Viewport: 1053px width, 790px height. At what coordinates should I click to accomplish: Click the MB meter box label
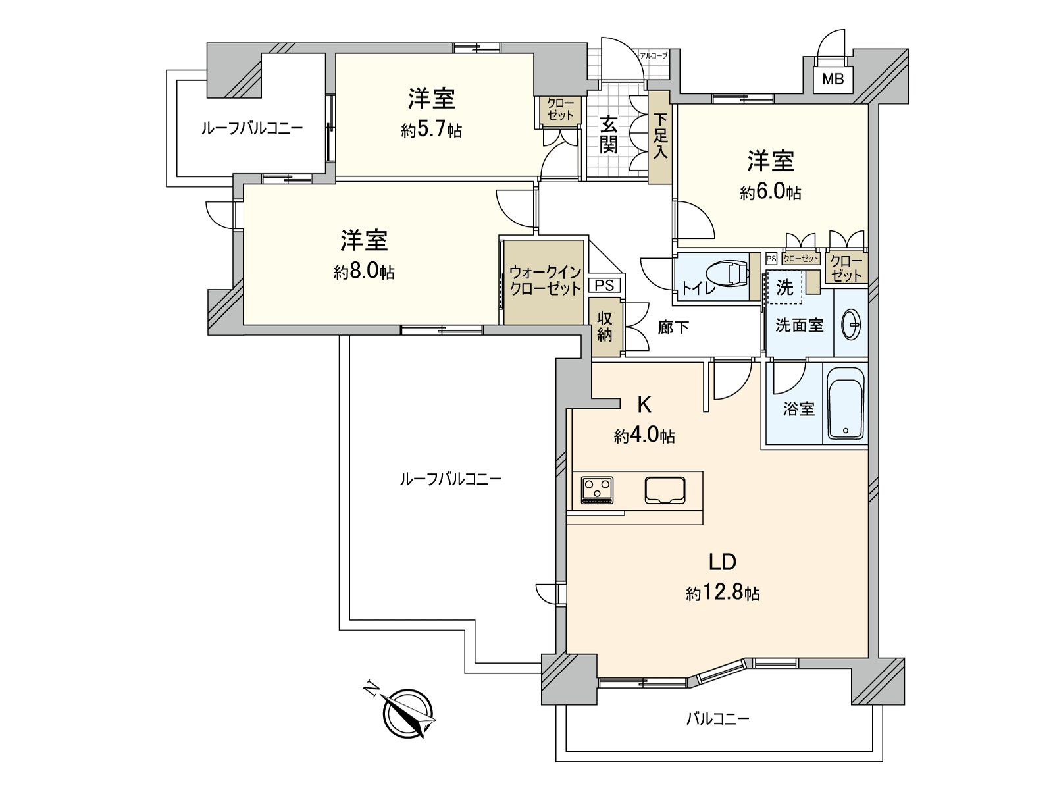click(833, 80)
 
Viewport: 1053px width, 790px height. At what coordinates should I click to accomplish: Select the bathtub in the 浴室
click(846, 403)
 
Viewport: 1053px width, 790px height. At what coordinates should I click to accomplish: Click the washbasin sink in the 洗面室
click(852, 324)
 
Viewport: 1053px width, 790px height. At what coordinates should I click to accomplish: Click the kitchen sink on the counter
click(665, 490)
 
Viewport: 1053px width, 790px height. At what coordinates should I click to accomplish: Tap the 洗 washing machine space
click(784, 288)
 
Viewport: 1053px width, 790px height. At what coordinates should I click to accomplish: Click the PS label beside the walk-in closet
click(604, 286)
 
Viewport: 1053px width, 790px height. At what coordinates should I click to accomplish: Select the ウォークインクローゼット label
click(544, 280)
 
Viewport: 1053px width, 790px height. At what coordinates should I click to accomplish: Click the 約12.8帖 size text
click(722, 594)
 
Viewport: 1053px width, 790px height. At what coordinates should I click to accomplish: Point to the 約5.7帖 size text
click(431, 130)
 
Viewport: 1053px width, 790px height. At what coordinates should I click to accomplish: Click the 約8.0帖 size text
click(363, 272)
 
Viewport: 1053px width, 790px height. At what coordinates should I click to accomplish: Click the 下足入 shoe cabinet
click(660, 137)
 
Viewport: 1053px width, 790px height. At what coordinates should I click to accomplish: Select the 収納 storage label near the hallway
click(605, 327)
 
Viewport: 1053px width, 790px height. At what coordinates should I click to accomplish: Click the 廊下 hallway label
click(673, 327)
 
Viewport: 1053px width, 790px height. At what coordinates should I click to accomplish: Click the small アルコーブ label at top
click(654, 55)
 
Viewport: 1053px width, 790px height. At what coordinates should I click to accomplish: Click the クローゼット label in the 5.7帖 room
click(561, 109)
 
